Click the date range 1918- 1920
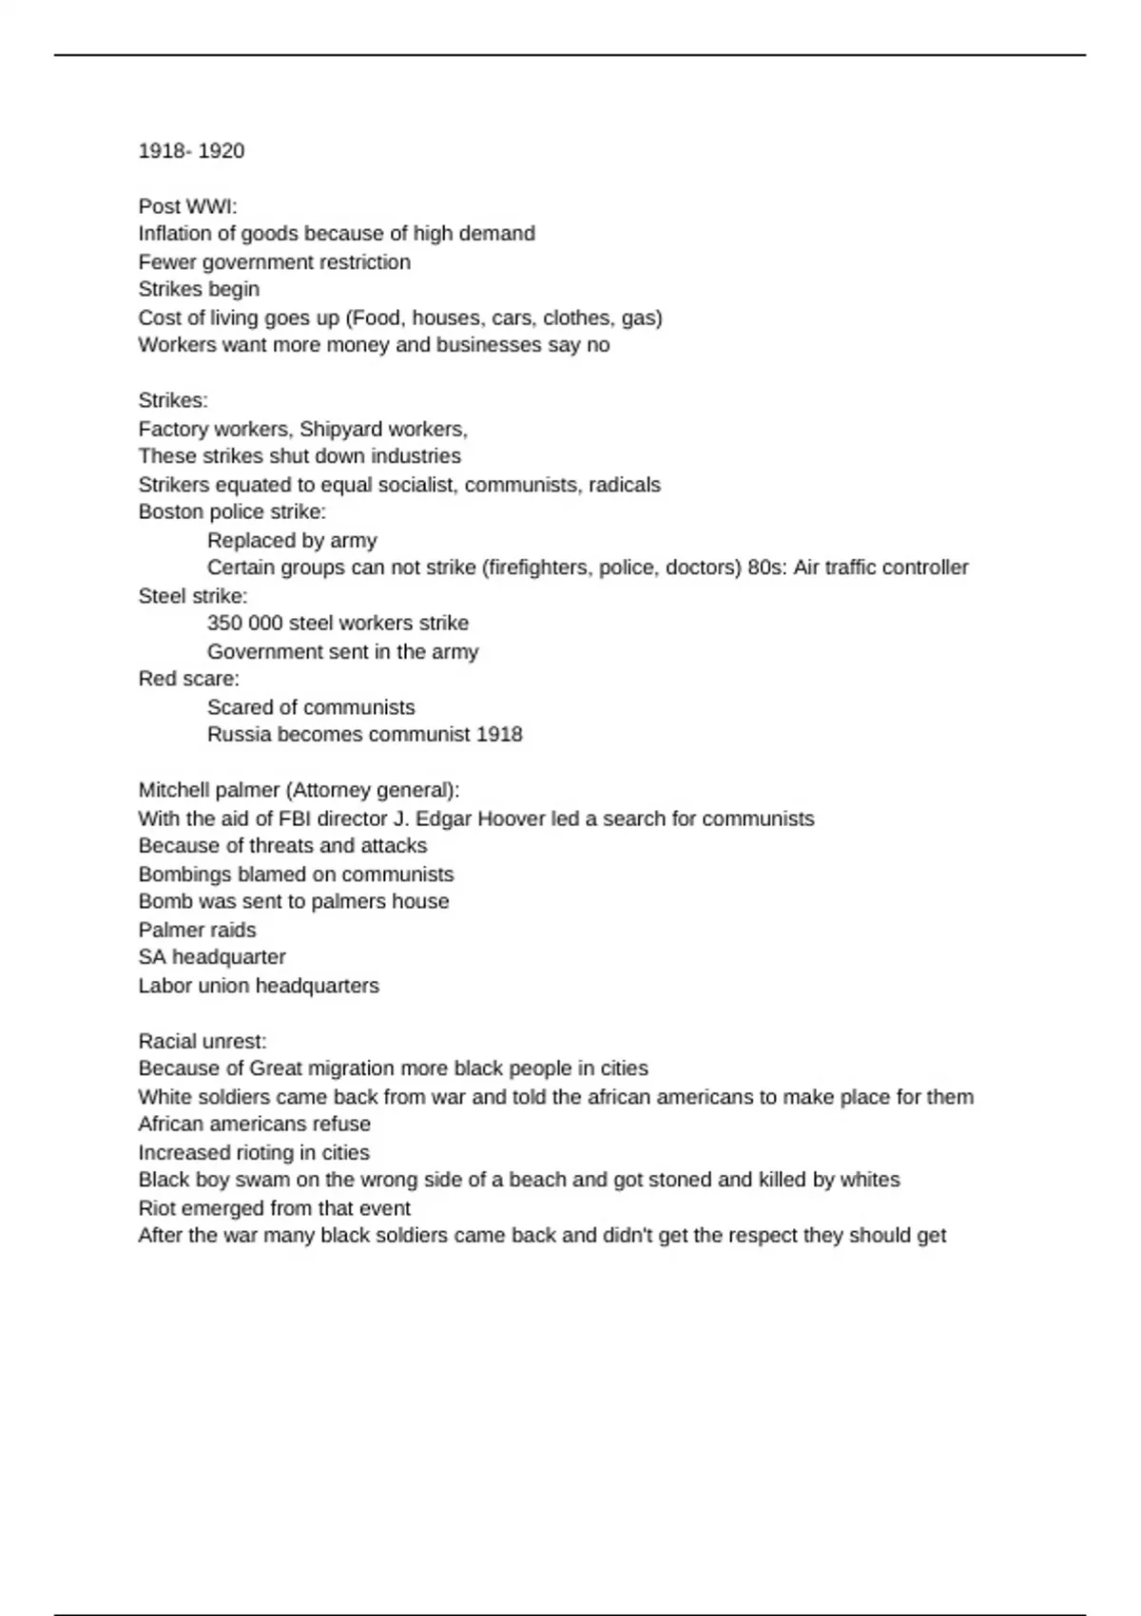tap(191, 151)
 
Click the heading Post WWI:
tap(187, 206)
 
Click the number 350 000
tap(244, 624)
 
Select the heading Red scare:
tap(188, 679)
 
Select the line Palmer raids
tap(197, 930)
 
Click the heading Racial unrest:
tap(203, 1041)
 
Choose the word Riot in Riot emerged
tap(157, 1208)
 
